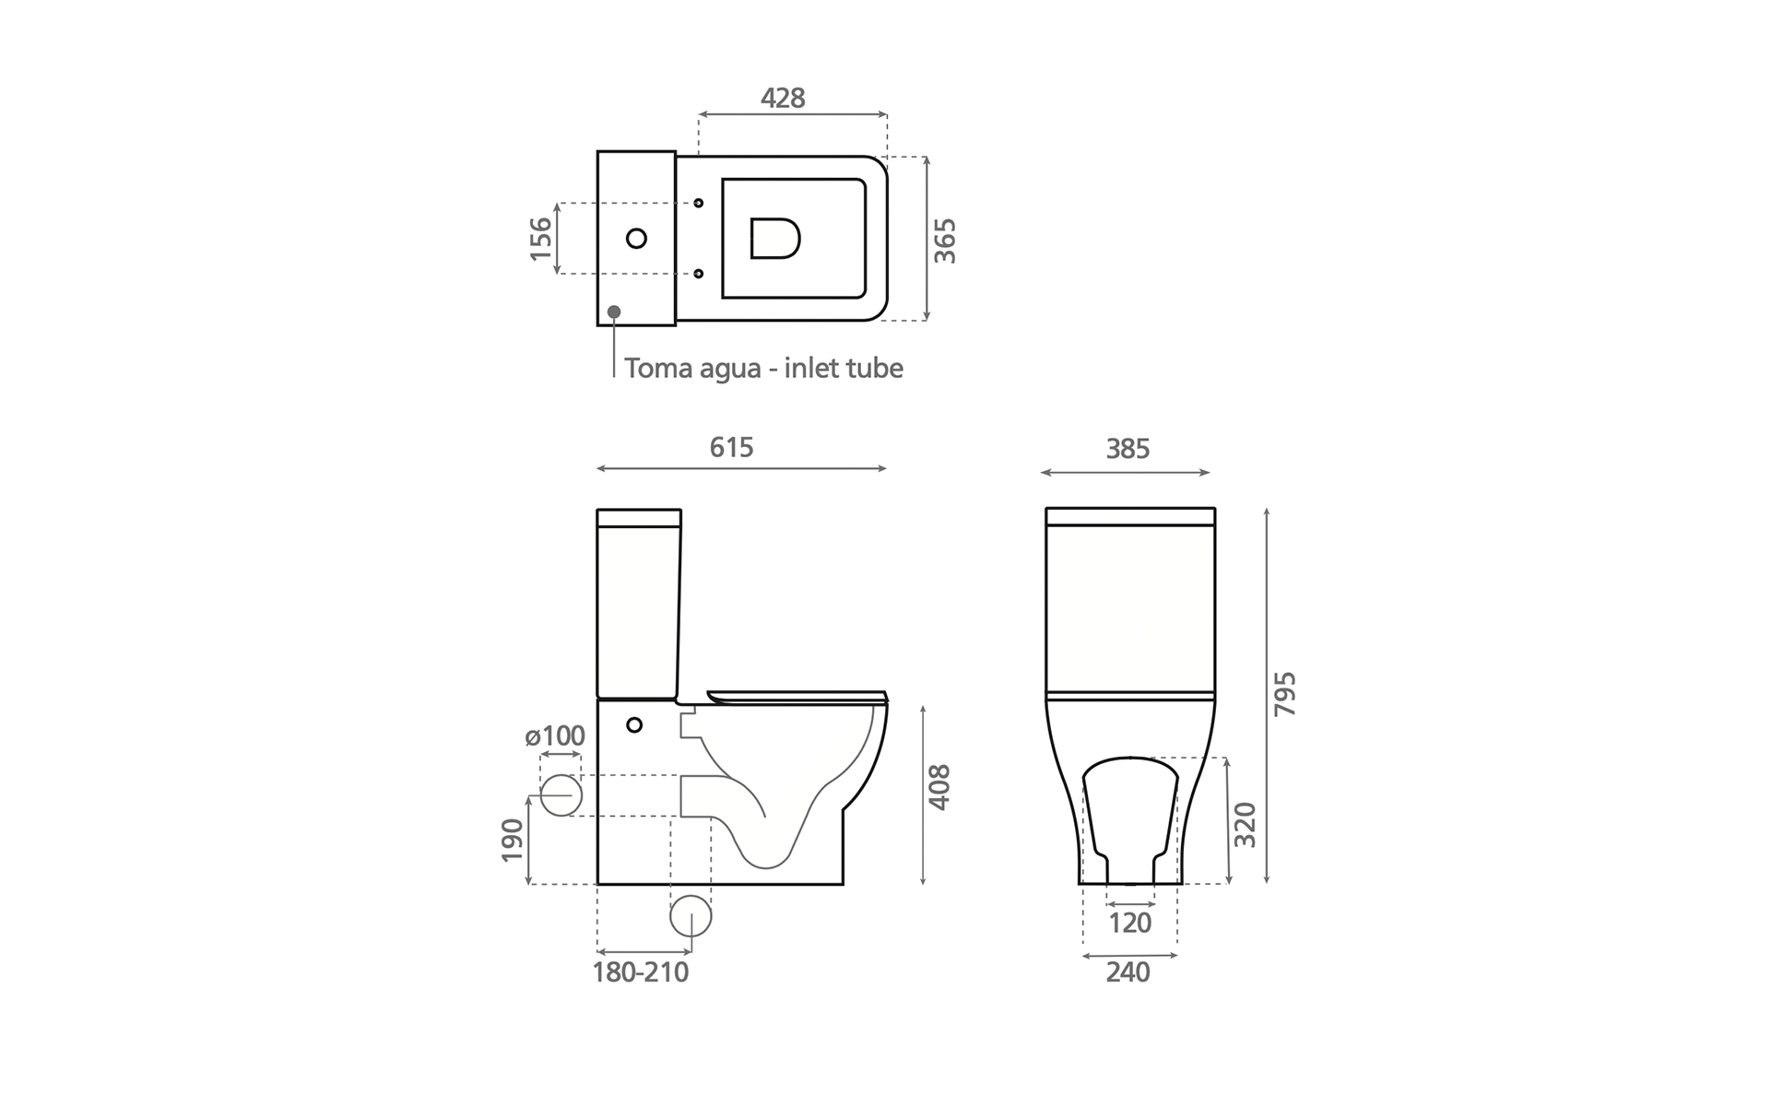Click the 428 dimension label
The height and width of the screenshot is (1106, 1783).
click(783, 98)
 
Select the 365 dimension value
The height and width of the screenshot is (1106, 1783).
click(945, 241)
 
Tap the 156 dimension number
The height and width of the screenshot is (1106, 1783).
click(540, 239)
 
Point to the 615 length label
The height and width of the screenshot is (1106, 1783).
click(731, 447)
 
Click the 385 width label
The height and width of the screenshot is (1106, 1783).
click(1128, 449)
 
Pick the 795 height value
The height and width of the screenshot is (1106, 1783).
click(1284, 694)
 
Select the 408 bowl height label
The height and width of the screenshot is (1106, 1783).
click(939, 787)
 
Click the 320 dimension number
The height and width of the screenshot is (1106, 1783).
click(1245, 825)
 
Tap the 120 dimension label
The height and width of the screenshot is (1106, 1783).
click(1129, 923)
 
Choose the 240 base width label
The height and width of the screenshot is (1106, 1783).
click(1128, 972)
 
